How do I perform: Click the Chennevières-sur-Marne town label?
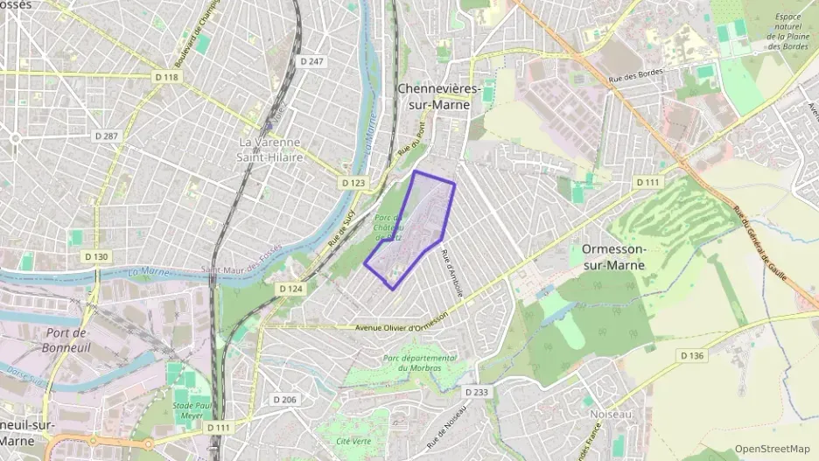pos(433,96)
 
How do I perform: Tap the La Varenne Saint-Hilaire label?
pos(271,150)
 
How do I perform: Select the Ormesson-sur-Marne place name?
pos(614,256)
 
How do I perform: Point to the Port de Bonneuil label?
pos(66,339)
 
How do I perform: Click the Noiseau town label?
pos(611,414)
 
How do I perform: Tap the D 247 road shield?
pos(311,61)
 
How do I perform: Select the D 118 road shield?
pos(166,78)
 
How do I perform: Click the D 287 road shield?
pos(106,136)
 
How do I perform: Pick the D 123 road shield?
pos(353,183)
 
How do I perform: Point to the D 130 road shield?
pos(96,256)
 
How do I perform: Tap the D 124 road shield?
pos(290,288)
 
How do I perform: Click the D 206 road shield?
pos(284,399)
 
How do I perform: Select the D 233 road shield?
pos(476,392)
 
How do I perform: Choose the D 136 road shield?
pos(691,355)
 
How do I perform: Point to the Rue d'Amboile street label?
pos(452,272)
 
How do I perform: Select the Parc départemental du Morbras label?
pos(419,363)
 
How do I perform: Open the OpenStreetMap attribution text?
pos(772,449)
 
